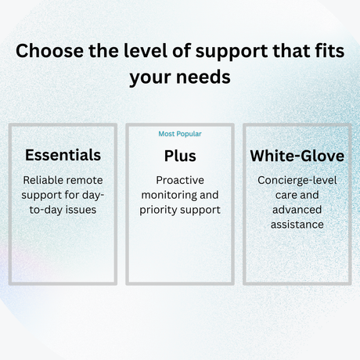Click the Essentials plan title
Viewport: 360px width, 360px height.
coord(63,156)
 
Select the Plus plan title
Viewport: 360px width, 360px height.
coord(180,156)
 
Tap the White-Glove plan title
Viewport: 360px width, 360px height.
coord(297,156)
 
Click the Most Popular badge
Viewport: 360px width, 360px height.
coord(180,134)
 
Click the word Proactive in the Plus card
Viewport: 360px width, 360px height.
coord(180,180)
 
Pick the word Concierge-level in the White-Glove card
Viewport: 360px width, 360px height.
coord(297,180)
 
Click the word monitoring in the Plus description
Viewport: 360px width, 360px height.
coord(167,195)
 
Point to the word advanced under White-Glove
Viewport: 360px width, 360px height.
coord(297,210)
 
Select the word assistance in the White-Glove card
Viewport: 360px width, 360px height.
coord(297,225)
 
